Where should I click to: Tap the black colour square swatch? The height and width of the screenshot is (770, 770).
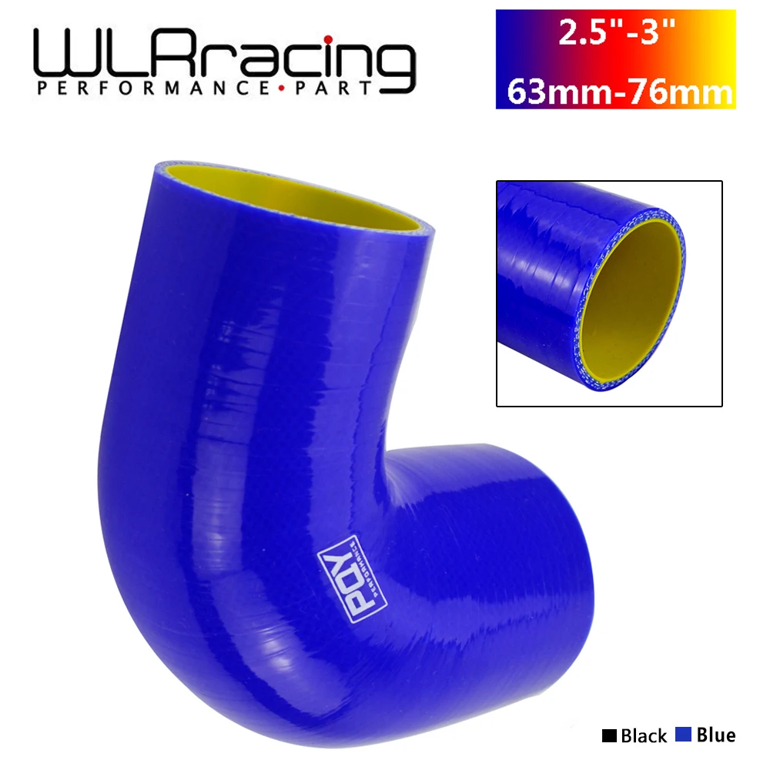(x=608, y=735)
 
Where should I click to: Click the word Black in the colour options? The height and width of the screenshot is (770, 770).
(x=644, y=735)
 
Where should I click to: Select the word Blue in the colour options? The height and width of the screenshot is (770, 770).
(x=715, y=735)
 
